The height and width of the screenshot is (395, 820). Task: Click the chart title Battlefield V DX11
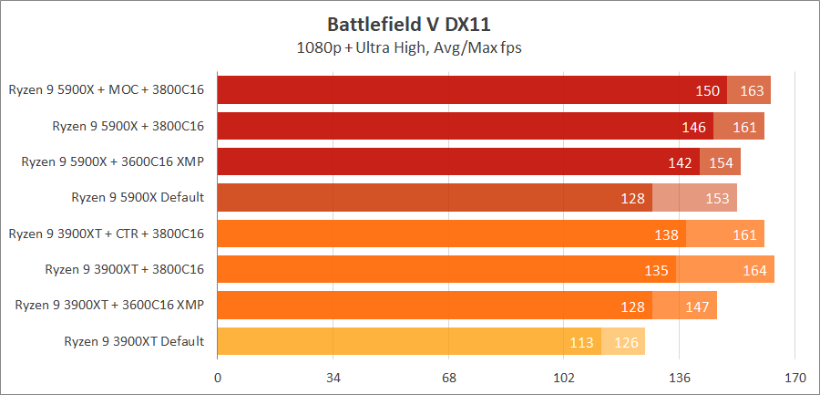(409, 22)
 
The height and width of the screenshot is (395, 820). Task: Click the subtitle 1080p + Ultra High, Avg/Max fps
(409, 47)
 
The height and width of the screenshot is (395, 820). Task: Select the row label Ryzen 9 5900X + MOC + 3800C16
(106, 90)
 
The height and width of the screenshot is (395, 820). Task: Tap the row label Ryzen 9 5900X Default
(138, 197)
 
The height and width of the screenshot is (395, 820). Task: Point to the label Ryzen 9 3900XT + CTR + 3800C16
(106, 234)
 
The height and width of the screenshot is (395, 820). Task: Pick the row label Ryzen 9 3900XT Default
(134, 341)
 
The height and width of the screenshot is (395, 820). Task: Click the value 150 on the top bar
(708, 90)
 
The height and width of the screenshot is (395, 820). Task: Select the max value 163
(752, 90)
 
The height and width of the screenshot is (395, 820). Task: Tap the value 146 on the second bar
(694, 127)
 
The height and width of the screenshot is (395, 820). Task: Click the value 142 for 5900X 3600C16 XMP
(681, 162)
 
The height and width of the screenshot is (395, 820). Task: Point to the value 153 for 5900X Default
(717, 198)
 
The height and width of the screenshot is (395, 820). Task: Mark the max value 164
(755, 270)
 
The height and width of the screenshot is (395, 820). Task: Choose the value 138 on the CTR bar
(667, 234)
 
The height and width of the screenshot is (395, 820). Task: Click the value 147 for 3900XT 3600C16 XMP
(697, 306)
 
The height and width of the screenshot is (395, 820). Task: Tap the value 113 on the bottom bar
(581, 342)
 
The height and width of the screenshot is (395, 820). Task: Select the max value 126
(626, 342)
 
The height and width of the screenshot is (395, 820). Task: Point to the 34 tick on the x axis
(333, 377)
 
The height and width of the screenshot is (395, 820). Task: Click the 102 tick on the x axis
(564, 377)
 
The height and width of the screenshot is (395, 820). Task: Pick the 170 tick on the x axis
(795, 377)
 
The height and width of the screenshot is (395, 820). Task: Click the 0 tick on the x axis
(218, 377)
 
